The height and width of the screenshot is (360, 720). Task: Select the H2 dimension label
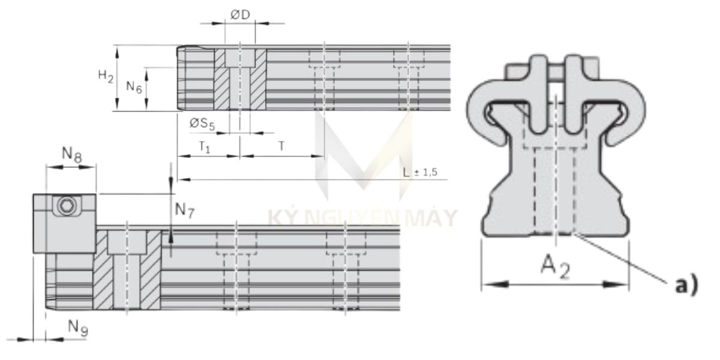(x=106, y=76)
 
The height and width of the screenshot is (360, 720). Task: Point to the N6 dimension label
(x=134, y=87)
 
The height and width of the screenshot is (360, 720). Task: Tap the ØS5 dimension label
(x=202, y=124)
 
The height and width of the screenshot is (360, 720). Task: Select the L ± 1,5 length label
(x=420, y=172)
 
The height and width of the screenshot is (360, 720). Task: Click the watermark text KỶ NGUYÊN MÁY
(x=360, y=218)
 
